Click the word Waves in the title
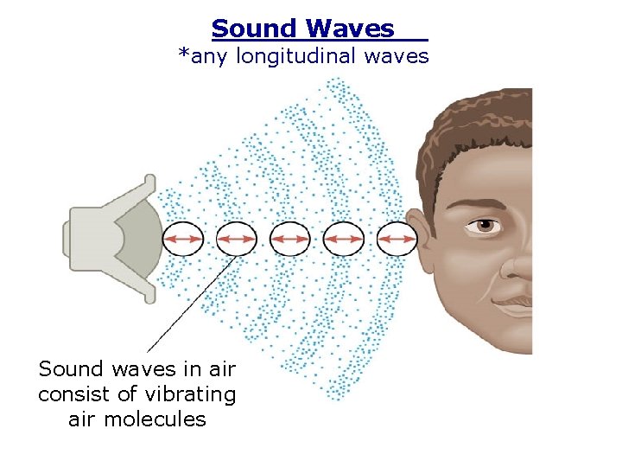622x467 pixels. click(x=352, y=29)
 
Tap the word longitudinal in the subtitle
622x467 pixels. click(x=317, y=57)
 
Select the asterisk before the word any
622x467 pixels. click(x=183, y=55)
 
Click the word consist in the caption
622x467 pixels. click(x=72, y=394)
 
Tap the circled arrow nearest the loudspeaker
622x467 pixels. click(x=183, y=238)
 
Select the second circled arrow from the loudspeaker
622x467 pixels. click(x=236, y=238)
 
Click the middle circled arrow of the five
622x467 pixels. click(x=290, y=238)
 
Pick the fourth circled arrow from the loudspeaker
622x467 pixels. click(x=343, y=238)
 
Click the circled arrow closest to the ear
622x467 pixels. click(x=397, y=238)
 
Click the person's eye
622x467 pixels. click(x=486, y=226)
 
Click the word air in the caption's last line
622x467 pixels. click(x=80, y=419)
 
